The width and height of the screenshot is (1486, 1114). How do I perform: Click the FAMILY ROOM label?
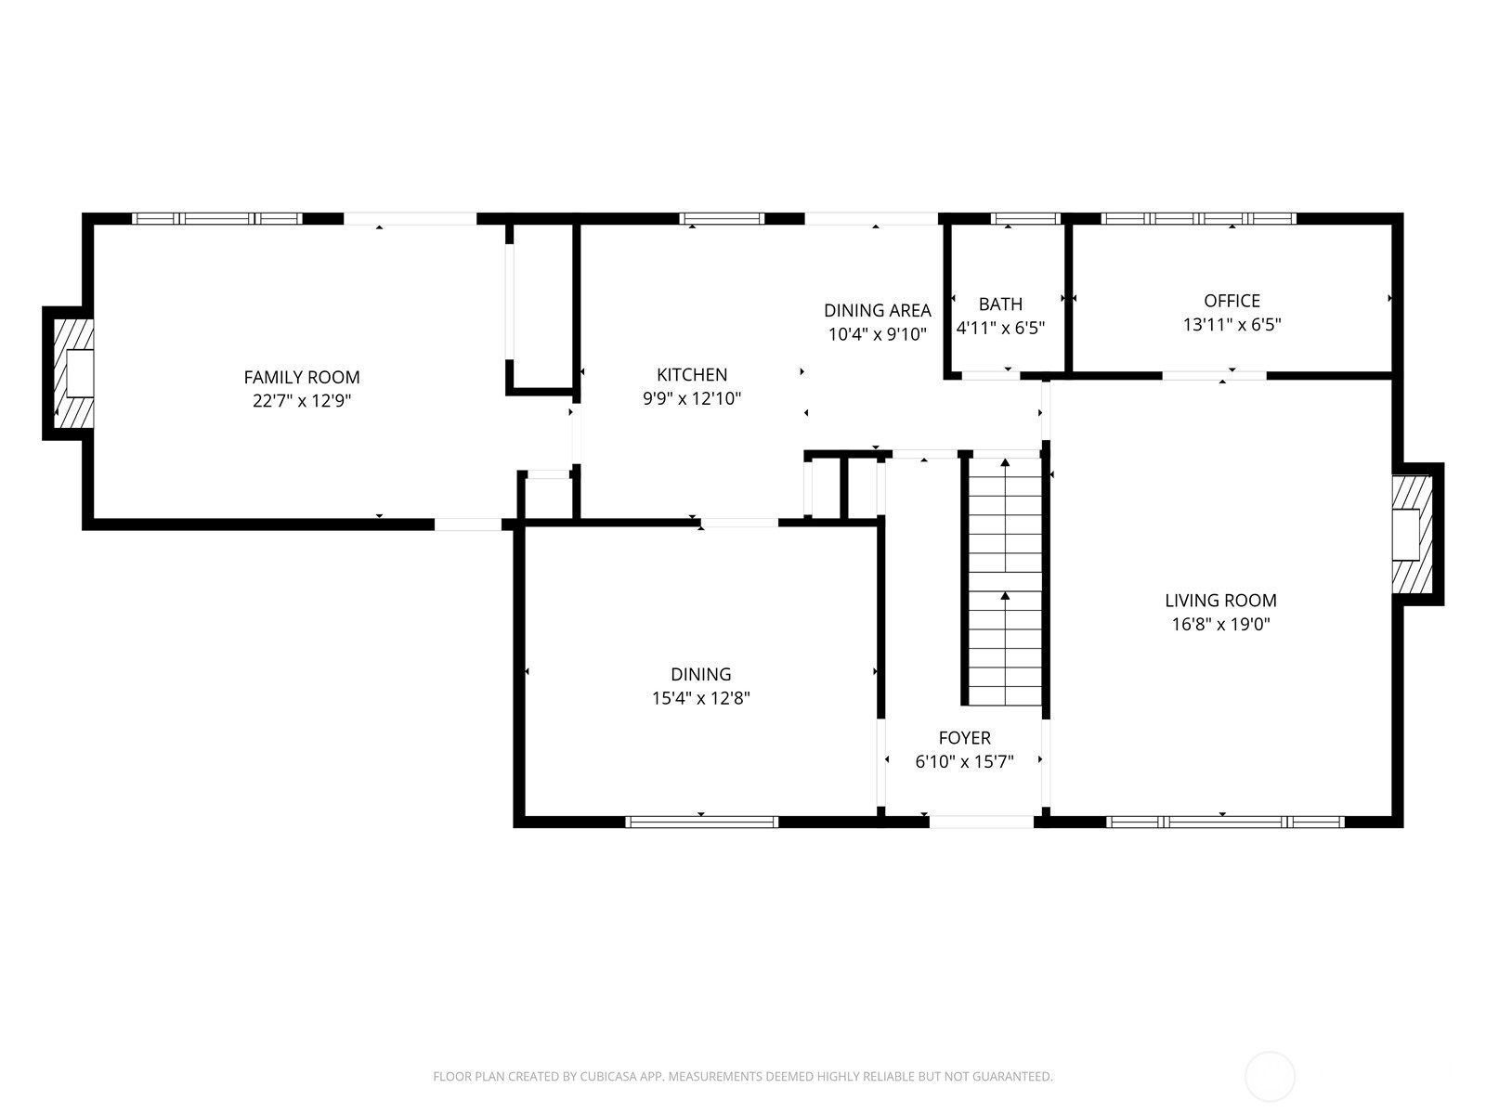(301, 377)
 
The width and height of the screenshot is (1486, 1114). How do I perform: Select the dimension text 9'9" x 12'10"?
(692, 399)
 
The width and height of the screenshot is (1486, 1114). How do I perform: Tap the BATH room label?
(1000, 304)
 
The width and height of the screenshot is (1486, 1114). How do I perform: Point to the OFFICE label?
(1232, 301)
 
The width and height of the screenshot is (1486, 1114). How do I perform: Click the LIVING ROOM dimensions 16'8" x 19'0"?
(1220, 625)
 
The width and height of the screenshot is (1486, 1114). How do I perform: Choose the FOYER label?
(964, 738)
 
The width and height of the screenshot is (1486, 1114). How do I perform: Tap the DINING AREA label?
(877, 310)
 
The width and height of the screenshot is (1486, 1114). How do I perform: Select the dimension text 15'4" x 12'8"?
(700, 698)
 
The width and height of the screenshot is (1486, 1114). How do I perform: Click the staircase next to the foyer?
(1005, 580)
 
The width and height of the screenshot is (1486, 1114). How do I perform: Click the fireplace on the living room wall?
(1410, 534)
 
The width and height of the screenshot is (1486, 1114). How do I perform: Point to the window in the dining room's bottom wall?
(702, 822)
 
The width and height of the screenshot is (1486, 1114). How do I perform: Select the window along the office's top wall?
(1198, 219)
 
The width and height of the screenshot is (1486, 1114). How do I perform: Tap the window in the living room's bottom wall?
(1225, 822)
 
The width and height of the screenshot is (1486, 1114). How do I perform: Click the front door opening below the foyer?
(981, 822)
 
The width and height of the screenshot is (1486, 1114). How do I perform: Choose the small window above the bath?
(1025, 219)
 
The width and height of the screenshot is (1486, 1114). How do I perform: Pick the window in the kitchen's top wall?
(722, 219)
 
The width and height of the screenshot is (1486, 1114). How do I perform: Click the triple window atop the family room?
(217, 219)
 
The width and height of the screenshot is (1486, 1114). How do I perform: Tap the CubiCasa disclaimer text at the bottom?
(742, 1077)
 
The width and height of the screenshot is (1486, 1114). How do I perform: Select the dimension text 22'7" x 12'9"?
(301, 401)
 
